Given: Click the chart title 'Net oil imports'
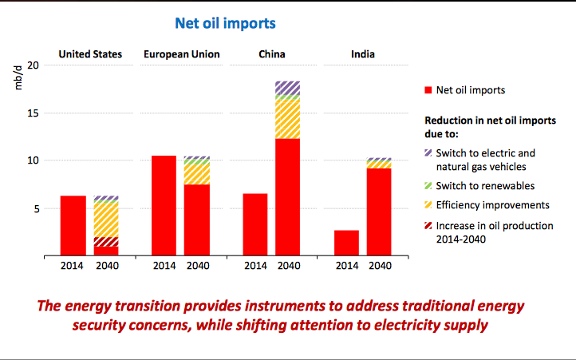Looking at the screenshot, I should [x=226, y=23].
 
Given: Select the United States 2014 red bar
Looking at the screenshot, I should [x=73, y=226].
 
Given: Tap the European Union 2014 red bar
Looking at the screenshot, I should [x=164, y=206].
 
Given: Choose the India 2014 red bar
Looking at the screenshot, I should [x=345, y=243].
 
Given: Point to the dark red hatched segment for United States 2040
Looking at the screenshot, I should [x=106, y=242].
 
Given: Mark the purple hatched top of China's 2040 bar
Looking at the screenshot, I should [x=287, y=87].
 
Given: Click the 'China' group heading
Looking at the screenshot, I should [x=272, y=54].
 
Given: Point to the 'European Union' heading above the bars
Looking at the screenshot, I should [x=182, y=54].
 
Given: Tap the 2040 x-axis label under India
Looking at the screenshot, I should [x=380, y=266].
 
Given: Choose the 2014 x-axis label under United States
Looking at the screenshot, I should [x=73, y=266].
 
